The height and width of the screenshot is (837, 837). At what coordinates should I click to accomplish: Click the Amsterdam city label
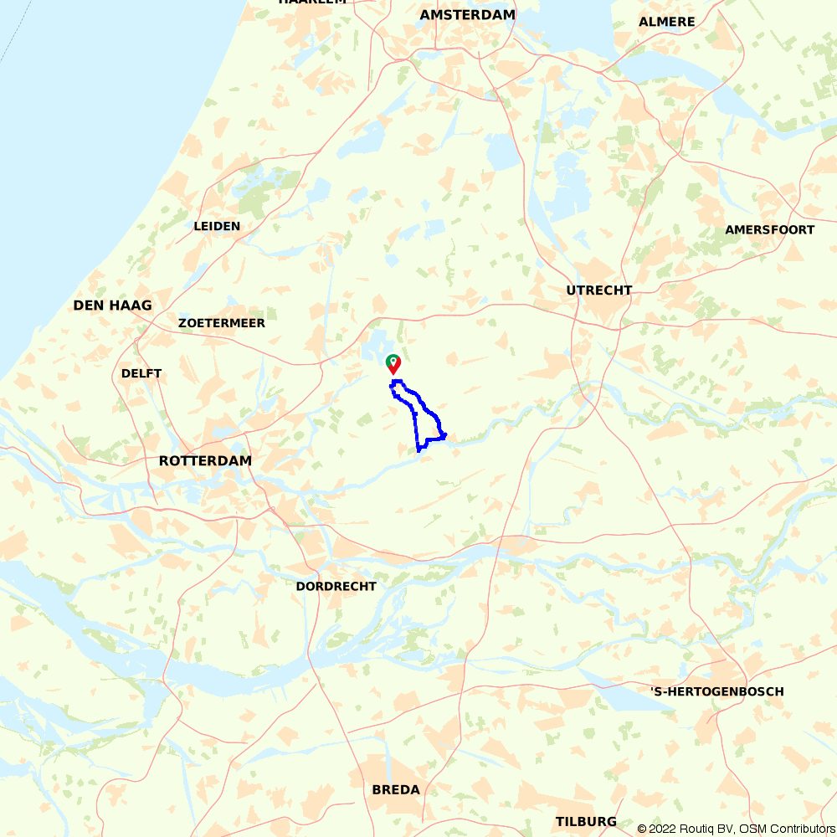point(468,15)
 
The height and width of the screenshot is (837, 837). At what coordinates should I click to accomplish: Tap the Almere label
point(667,22)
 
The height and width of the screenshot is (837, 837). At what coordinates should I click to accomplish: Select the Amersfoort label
point(769,230)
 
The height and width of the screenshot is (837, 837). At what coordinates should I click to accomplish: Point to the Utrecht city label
point(599,290)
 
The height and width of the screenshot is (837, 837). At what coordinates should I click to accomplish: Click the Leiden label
point(217,226)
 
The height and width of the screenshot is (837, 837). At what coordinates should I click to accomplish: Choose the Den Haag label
point(113,306)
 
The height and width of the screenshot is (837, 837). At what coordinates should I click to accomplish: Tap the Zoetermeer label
point(222,323)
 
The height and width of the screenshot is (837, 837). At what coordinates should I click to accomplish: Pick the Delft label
point(141,373)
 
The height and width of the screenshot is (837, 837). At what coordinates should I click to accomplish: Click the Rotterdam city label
point(205,461)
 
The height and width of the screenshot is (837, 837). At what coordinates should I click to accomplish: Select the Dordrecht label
point(336,587)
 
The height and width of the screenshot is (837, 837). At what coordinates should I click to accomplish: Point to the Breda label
point(396,790)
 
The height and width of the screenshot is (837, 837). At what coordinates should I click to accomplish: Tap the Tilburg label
point(586,822)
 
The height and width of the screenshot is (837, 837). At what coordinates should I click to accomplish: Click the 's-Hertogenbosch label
point(717,691)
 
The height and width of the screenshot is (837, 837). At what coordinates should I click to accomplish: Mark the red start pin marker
point(393,364)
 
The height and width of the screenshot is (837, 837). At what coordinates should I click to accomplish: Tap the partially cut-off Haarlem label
point(312,3)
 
